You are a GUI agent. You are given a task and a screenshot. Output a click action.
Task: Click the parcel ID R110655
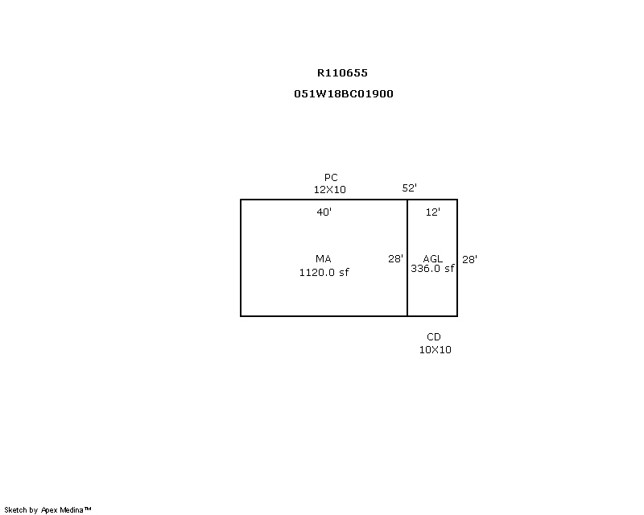pyautogui.click(x=342, y=73)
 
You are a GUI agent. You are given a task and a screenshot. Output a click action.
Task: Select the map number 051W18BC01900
pyautogui.click(x=344, y=93)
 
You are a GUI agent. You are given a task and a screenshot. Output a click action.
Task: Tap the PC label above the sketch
pyautogui.click(x=331, y=177)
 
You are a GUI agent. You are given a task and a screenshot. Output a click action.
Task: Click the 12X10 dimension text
pyautogui.click(x=330, y=189)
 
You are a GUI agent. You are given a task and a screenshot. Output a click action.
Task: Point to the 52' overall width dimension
pyautogui.click(x=410, y=187)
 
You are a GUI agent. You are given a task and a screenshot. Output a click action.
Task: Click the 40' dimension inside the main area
pyautogui.click(x=324, y=212)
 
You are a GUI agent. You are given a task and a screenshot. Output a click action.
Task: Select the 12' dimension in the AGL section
pyautogui.click(x=433, y=212)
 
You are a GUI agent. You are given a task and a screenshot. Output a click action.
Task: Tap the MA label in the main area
pyautogui.click(x=324, y=259)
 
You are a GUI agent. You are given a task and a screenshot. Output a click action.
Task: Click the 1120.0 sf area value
pyautogui.click(x=324, y=272)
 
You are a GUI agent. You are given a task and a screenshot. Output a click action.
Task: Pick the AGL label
pyautogui.click(x=433, y=259)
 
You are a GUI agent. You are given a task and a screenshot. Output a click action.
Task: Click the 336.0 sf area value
pyautogui.click(x=432, y=269)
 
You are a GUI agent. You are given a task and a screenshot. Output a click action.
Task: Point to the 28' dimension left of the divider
pyautogui.click(x=395, y=259)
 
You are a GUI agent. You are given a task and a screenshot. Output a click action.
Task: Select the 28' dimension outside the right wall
pyautogui.click(x=469, y=260)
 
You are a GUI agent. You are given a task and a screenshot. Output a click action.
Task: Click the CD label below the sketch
pyautogui.click(x=434, y=337)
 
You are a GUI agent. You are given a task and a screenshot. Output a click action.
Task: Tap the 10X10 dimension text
pyautogui.click(x=435, y=349)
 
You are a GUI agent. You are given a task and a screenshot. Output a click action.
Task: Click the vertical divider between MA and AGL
pyautogui.click(x=407, y=258)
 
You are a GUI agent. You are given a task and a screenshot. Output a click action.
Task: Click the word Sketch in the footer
pyautogui.click(x=15, y=510)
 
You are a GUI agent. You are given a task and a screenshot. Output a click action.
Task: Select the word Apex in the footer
pyautogui.click(x=49, y=510)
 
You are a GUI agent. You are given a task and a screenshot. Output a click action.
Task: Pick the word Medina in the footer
pyautogui.click(x=72, y=510)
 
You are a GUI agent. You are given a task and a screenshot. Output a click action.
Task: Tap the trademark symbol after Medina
pyautogui.click(x=88, y=509)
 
